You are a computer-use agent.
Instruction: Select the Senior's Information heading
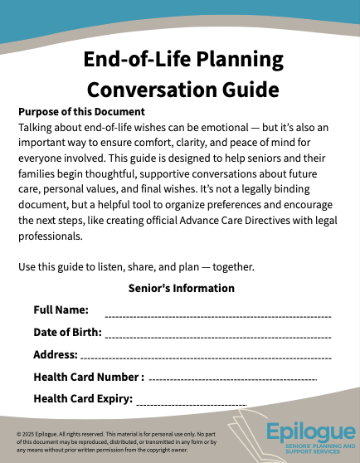182,288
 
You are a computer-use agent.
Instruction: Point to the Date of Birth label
67,332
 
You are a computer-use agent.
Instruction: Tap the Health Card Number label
89,377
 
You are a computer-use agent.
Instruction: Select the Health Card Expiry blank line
192,404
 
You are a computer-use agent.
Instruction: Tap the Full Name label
61,309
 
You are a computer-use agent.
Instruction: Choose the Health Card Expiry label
83,399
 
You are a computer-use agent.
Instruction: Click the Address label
55,354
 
